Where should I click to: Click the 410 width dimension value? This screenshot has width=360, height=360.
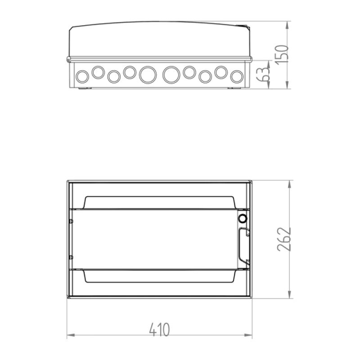pyautogui.click(x=159, y=329)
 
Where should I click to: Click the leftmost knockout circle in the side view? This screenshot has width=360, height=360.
pyautogui.click(x=83, y=76)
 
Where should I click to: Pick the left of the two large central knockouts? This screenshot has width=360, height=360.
pyautogui.click(x=147, y=75)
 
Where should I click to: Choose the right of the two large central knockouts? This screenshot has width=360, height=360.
pyautogui.click(x=171, y=75)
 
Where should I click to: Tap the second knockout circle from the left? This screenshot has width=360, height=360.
pyautogui.click(x=98, y=71)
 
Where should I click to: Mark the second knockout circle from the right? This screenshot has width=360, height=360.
pyautogui.click(x=221, y=72)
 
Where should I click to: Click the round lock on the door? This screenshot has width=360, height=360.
pyautogui.click(x=242, y=219)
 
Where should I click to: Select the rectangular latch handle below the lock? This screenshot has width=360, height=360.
pyautogui.click(x=243, y=245)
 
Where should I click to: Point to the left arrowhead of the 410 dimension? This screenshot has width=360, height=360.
pyautogui.click(x=70, y=336)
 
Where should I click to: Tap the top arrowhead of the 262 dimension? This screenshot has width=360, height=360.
pyautogui.click(x=290, y=184)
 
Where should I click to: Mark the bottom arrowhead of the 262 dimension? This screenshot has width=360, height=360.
pyautogui.click(x=290, y=296)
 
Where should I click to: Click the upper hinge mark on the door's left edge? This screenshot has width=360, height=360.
pyautogui.click(x=71, y=221)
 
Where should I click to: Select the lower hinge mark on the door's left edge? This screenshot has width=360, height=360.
pyautogui.click(x=71, y=257)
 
